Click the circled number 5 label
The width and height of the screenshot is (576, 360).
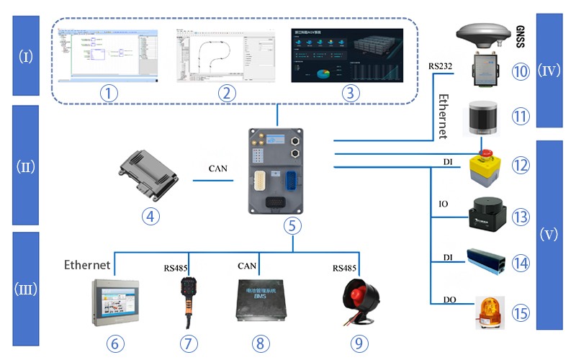point(292,225)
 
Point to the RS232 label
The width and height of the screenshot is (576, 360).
point(440,67)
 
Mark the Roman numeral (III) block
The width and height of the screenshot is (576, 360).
point(25,288)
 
